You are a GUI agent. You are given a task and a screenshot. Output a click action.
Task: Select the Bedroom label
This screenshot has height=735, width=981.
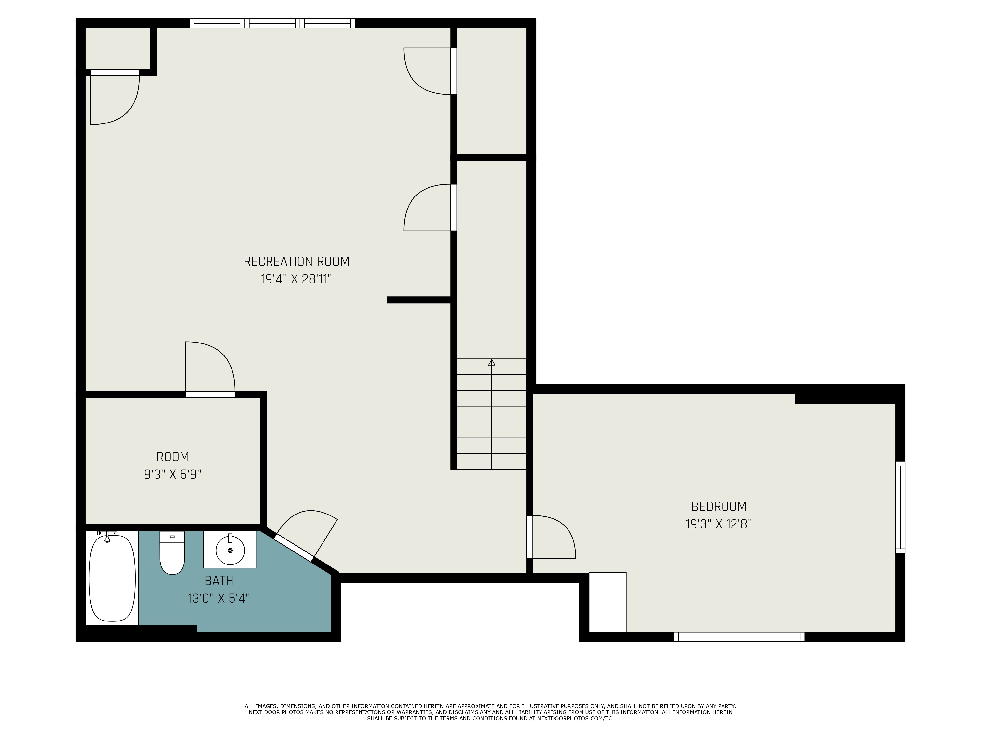tap(719, 506)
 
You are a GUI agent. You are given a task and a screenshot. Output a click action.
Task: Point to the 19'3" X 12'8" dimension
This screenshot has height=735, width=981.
tap(719, 524)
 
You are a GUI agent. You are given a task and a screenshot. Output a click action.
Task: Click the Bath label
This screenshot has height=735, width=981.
tap(219, 580)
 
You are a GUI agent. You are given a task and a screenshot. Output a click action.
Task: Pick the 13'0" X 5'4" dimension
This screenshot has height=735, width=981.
tap(219, 599)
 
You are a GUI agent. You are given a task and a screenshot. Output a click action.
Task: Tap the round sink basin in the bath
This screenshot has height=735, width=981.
tap(230, 550)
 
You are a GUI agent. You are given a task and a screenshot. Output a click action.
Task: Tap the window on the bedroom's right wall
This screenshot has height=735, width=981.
tap(900, 507)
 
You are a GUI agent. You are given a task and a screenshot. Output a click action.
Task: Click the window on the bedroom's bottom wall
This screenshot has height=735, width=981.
tap(739, 637)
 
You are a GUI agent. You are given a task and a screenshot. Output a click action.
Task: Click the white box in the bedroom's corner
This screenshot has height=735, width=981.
tap(607, 602)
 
